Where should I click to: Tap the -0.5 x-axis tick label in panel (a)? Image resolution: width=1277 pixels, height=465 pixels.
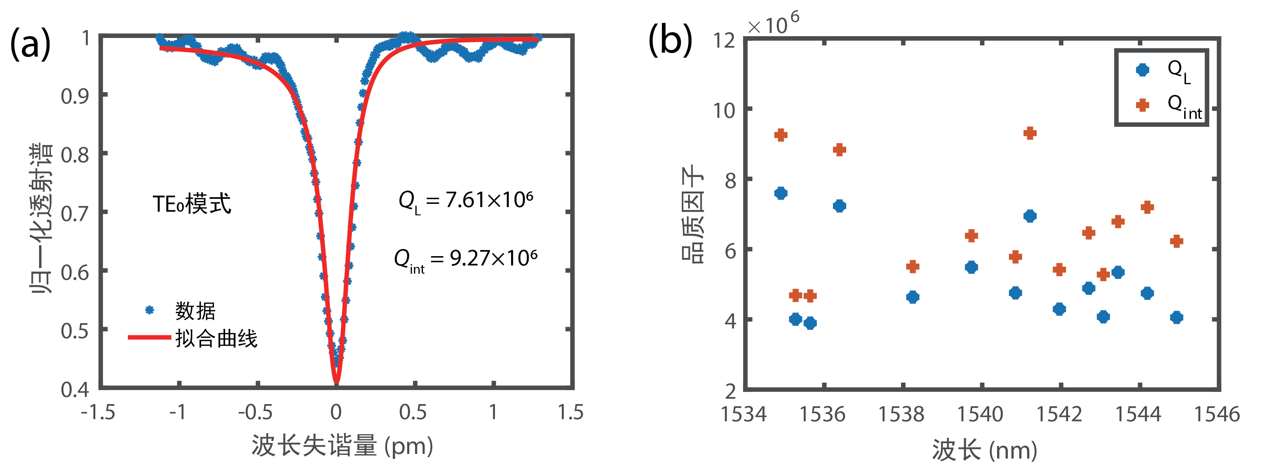click(x=255, y=412)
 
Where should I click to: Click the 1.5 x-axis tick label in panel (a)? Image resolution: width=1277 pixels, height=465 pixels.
click(x=571, y=412)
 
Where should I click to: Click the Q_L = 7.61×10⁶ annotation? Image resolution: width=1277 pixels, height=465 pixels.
click(x=466, y=201)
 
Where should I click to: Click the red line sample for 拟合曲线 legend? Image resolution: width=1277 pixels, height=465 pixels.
click(x=149, y=337)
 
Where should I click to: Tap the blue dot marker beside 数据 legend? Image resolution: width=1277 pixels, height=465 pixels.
click(x=149, y=310)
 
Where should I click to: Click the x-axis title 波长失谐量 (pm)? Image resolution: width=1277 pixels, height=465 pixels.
click(x=342, y=446)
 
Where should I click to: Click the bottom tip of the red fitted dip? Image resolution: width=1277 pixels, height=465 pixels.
click(x=337, y=382)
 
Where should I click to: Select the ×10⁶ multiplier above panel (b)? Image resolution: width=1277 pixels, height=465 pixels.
click(x=773, y=23)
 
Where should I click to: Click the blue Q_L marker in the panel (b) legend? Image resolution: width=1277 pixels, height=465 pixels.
click(x=1142, y=70)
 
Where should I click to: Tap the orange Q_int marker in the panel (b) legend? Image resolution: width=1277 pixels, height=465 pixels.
click(x=1142, y=105)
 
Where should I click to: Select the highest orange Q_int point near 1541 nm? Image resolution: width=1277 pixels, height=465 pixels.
click(x=1030, y=133)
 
